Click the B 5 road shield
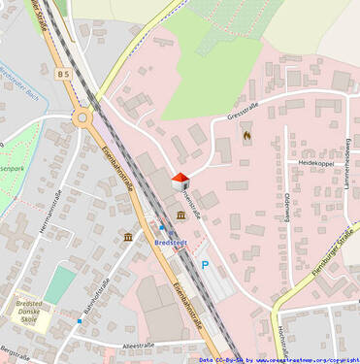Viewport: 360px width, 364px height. (x=64, y=74)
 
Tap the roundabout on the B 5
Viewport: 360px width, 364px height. (x=83, y=118)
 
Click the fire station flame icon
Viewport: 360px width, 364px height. (x=245, y=136)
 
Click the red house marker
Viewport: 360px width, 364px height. (x=180, y=180)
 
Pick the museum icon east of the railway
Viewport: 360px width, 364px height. (x=181, y=215)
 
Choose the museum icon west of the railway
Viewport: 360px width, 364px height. (x=128, y=238)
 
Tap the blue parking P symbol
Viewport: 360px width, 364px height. (x=205, y=264)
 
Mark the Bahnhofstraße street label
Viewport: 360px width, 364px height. (x=94, y=296)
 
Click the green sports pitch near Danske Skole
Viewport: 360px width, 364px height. (x=59, y=283)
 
